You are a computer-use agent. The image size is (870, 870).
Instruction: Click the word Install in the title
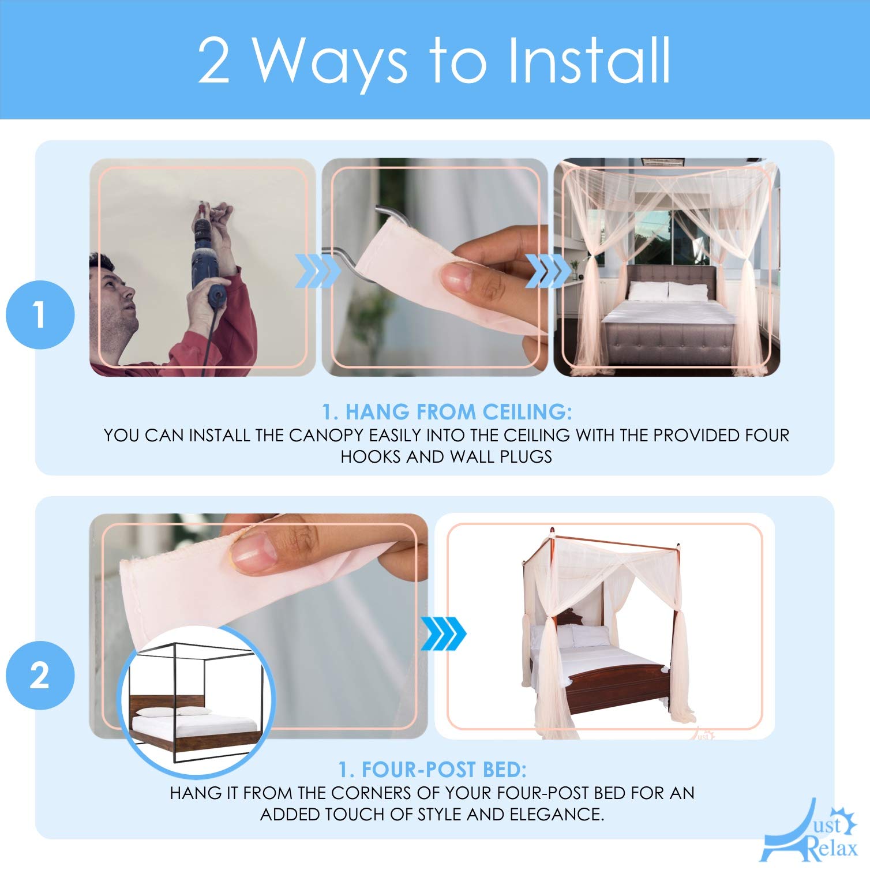(x=589, y=60)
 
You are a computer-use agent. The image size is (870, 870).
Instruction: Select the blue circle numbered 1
(x=40, y=315)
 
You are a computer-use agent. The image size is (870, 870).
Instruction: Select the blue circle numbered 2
(x=40, y=675)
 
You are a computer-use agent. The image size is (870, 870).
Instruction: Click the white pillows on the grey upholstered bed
(x=666, y=291)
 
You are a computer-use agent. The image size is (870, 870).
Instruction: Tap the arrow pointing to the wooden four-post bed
(x=443, y=633)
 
